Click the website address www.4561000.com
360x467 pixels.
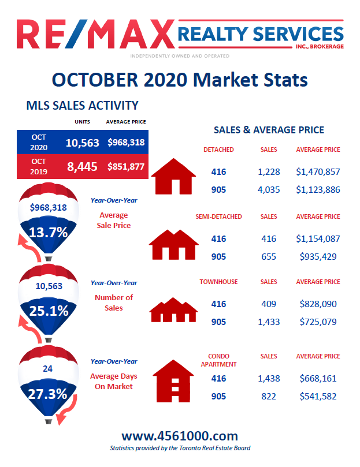point(180,436)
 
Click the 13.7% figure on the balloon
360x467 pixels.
point(49,233)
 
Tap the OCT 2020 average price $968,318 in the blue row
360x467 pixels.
point(126,142)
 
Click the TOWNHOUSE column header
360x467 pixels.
point(218,282)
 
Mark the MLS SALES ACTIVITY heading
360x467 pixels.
point(83,106)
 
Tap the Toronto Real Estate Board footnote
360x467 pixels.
point(180,448)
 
